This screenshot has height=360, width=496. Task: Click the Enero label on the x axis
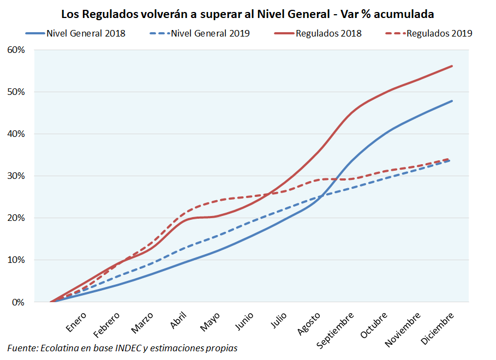coord(76,322)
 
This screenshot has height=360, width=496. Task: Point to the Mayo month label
coord(210,321)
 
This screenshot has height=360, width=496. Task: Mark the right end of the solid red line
coord(452,66)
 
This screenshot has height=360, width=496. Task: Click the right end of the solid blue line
coord(452,101)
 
